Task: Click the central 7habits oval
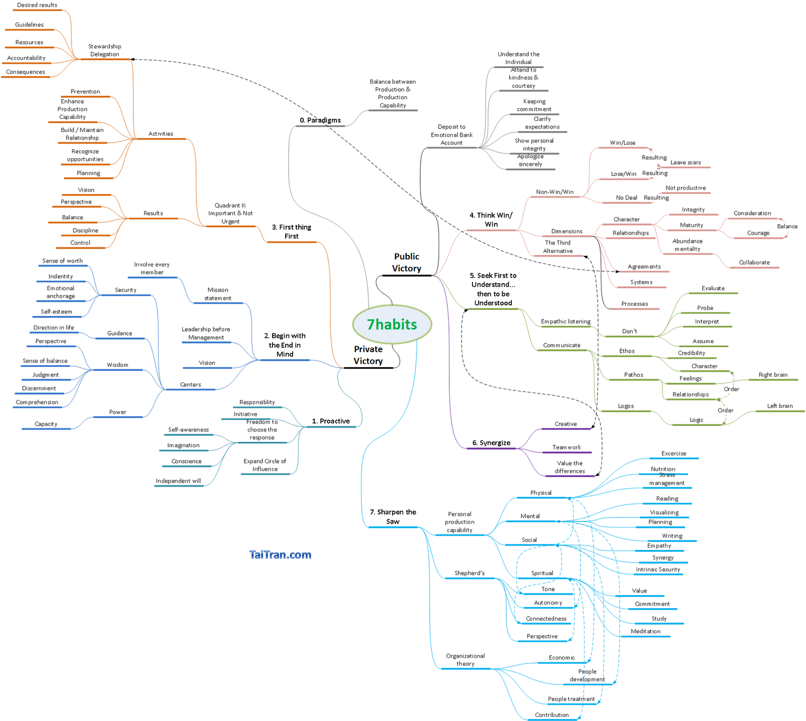392,324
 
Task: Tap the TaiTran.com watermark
280,555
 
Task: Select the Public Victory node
407,263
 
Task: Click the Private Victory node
368,355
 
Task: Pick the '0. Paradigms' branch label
320,120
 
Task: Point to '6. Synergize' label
491,443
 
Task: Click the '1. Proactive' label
330,421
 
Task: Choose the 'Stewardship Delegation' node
105,50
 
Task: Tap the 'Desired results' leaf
37,5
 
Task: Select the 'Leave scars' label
686,162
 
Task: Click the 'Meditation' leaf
645,631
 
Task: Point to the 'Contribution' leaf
552,715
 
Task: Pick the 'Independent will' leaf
178,481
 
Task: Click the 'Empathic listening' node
566,321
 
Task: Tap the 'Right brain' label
773,375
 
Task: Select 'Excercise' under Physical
674,453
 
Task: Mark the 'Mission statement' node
218,294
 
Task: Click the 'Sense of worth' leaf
62,261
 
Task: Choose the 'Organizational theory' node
465,660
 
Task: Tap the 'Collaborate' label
754,263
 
